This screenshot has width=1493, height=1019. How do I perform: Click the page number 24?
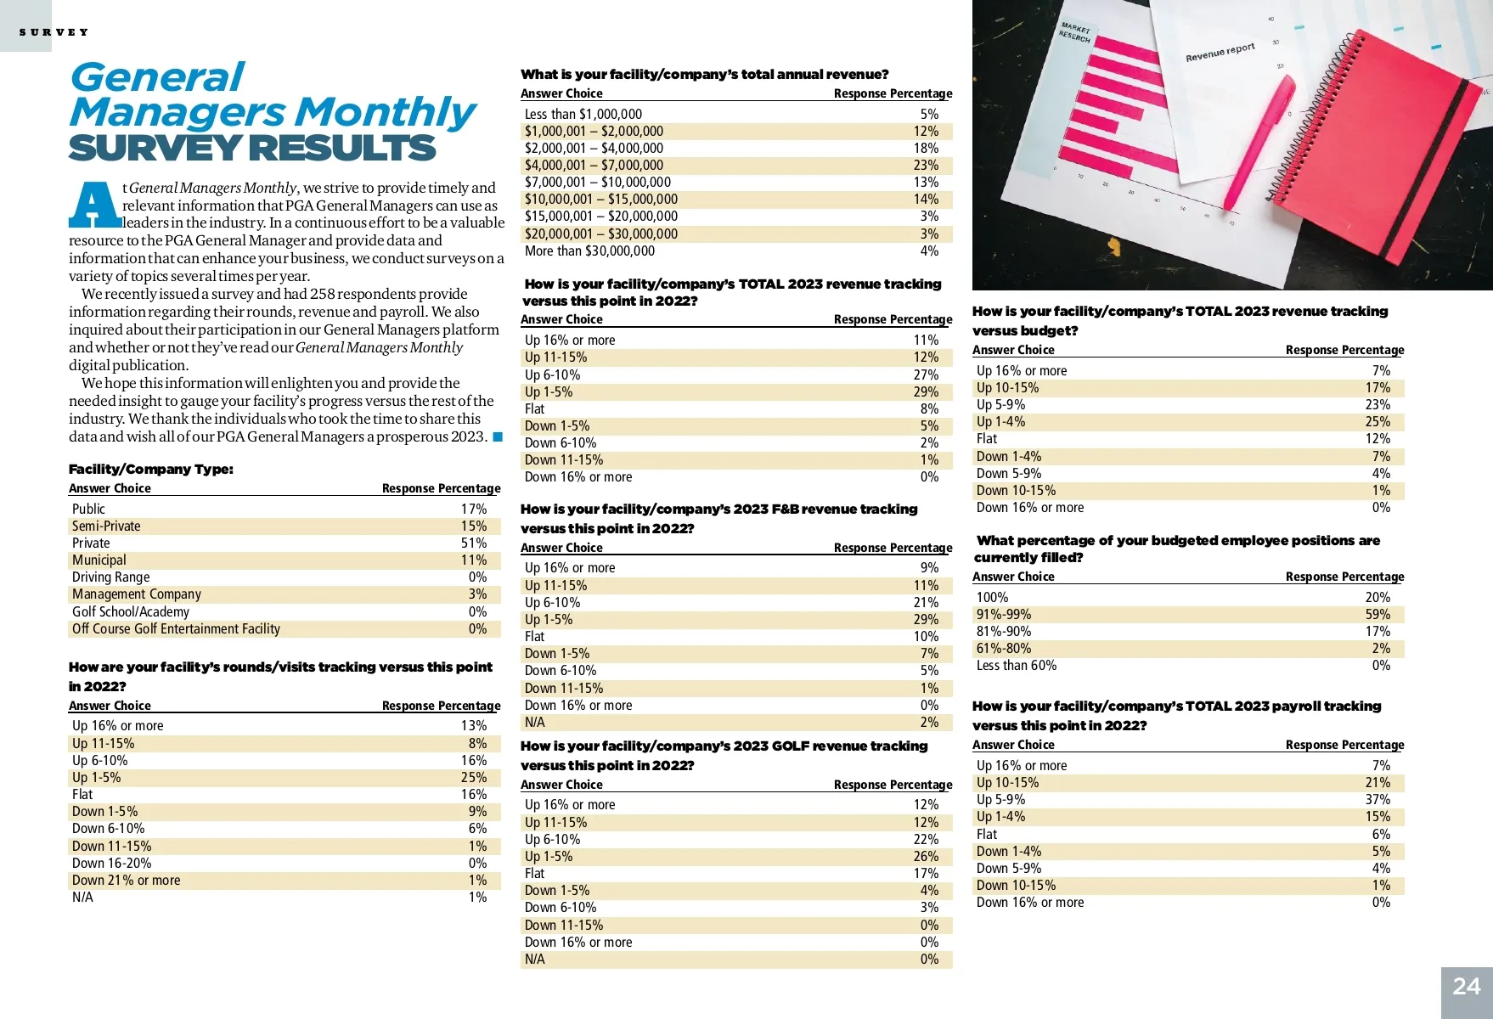click(1467, 987)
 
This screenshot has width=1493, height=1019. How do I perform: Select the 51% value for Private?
click(473, 543)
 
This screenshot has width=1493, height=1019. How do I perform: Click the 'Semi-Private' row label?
click(106, 526)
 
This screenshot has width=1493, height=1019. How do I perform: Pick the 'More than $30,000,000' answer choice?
click(589, 251)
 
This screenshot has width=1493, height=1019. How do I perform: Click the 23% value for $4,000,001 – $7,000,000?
click(925, 166)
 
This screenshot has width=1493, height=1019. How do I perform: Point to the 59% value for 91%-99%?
click(1377, 615)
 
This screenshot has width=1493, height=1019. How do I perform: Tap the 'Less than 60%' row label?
click(1016, 666)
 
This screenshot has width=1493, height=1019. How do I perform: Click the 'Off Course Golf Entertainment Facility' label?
click(176, 629)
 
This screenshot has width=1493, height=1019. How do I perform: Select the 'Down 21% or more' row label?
click(126, 881)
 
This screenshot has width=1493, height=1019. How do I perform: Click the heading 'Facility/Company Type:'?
click(150, 470)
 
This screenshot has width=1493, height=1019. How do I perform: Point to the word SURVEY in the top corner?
click(54, 32)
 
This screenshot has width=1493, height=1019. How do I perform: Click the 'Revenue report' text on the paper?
click(1220, 53)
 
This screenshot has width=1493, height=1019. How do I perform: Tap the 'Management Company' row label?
click(136, 594)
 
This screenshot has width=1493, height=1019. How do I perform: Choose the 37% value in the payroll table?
click(1377, 800)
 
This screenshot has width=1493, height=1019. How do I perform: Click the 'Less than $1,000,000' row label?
click(583, 115)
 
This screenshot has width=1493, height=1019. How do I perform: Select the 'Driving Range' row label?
click(110, 577)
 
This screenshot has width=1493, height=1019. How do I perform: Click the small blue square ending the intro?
click(498, 437)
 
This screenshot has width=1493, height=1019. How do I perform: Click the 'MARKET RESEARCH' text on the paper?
click(1074, 33)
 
